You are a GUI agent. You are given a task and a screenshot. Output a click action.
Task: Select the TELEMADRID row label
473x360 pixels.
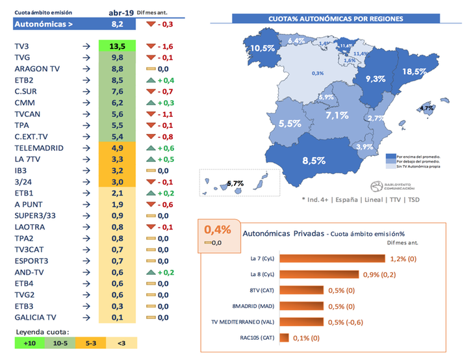click(39, 148)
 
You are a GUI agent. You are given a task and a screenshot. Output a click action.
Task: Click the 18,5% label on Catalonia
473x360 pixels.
click(415, 71)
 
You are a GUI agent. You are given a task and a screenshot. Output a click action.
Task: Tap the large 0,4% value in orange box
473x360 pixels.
click(218, 230)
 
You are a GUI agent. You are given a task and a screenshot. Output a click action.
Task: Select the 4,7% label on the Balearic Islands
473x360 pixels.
click(426, 108)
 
